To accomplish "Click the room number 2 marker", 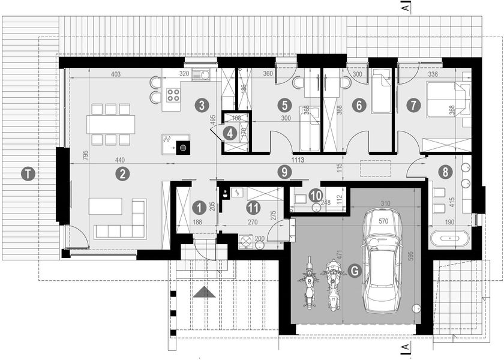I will click(122, 174).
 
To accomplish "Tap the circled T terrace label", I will click(27, 174).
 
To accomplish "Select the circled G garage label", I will click(355, 271).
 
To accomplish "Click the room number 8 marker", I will click(444, 172).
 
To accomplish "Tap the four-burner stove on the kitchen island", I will click(173, 94).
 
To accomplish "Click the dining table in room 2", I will click(110, 124).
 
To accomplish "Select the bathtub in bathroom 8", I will click(451, 238).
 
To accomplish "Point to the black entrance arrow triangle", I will click(205, 292).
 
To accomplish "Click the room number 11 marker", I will click(253, 208).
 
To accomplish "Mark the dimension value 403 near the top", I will click(116, 74).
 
